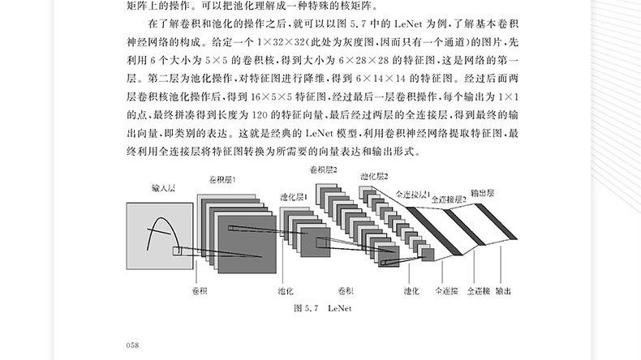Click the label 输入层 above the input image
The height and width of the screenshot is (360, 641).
(x=164, y=188)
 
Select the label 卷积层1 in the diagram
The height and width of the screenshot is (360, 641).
(x=222, y=180)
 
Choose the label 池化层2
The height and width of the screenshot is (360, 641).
(x=373, y=176)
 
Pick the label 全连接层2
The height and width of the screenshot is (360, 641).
(x=449, y=198)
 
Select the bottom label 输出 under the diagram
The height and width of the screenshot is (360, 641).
(x=503, y=289)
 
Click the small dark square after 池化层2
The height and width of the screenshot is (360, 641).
(x=427, y=255)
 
